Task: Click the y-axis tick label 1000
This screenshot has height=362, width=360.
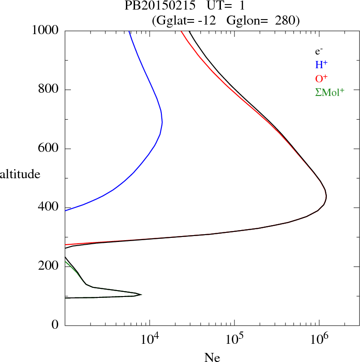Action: coord(45,30)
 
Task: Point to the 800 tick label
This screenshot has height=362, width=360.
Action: coord(49,90)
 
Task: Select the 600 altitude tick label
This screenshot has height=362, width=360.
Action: coord(49,149)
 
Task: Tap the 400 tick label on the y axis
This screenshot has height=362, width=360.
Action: coord(49,207)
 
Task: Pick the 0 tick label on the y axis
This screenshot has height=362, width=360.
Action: coord(56,325)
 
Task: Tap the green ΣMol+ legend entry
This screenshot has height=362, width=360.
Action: coord(330,92)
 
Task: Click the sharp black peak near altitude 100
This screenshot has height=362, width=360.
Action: coord(141,295)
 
